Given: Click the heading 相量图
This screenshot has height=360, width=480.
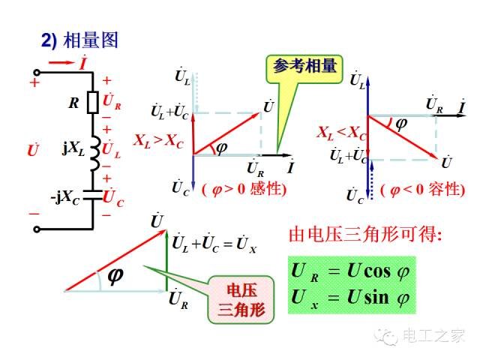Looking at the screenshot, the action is [x=91, y=40].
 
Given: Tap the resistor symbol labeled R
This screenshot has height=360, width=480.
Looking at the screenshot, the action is [x=92, y=102].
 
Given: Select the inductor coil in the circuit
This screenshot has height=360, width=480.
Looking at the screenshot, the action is [x=95, y=153].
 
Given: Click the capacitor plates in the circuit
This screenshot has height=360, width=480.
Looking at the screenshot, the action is [x=92, y=195].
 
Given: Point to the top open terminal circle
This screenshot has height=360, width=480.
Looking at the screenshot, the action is [x=37, y=73].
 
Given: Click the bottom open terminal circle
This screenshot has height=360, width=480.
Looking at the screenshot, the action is [x=37, y=229].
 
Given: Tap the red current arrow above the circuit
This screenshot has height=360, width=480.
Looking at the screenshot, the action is [x=61, y=63].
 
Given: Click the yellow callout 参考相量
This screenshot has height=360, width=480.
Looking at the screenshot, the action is [x=304, y=69].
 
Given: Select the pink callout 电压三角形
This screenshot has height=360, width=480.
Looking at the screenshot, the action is [x=241, y=300].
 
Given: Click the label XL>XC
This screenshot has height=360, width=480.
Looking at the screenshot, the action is [x=158, y=141].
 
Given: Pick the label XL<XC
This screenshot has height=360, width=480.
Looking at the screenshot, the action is [x=341, y=133].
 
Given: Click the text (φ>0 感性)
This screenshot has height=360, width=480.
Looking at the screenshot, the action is [x=244, y=189].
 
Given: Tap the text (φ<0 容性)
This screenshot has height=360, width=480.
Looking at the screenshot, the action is [x=423, y=190].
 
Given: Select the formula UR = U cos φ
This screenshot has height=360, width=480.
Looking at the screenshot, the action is [x=350, y=271].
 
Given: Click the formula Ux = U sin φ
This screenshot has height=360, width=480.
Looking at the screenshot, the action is [x=350, y=298].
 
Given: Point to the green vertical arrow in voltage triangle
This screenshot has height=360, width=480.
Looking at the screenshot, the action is [x=166, y=260].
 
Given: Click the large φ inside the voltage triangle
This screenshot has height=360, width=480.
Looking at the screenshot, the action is [x=115, y=276].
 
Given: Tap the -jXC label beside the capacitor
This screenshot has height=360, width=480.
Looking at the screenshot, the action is [x=65, y=197].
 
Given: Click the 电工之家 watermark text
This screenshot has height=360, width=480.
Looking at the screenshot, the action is [x=433, y=336].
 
